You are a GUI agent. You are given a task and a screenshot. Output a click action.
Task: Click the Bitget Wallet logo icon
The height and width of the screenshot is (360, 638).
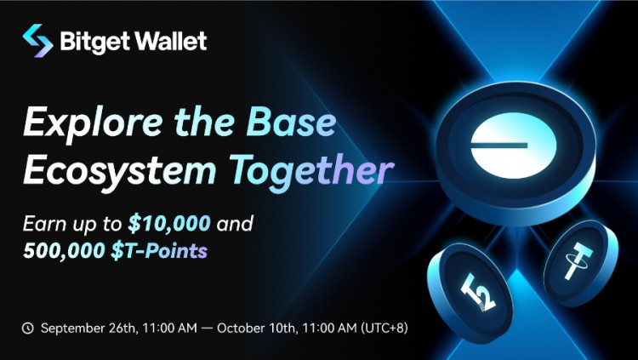click(37, 40)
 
